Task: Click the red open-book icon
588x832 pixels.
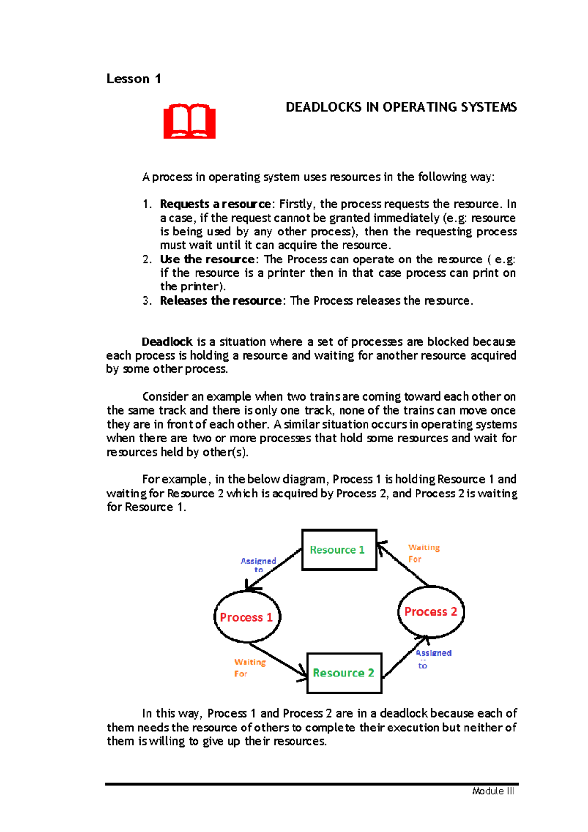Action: point(189,121)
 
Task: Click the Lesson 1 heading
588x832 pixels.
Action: point(134,79)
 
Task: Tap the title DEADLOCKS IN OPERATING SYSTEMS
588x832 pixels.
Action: point(401,107)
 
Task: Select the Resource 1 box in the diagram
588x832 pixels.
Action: point(339,550)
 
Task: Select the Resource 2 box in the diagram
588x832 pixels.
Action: point(344,673)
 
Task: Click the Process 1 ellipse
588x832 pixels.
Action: point(246,617)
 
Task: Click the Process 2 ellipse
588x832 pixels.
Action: point(430,612)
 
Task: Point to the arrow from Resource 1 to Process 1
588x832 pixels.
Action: point(273,570)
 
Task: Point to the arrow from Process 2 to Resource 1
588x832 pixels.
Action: point(403,564)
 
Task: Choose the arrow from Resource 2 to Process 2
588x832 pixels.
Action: point(405,657)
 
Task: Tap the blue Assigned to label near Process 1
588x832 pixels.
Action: point(258,565)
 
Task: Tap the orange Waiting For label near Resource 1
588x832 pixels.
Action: point(423,553)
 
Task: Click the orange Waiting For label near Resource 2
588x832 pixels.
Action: point(249,668)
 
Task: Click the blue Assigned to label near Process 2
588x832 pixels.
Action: point(433,658)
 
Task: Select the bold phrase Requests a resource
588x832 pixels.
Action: point(215,204)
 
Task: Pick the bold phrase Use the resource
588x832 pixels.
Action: point(207,260)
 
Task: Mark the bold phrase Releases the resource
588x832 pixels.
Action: point(220,301)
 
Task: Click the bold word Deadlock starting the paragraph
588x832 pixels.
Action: point(167,342)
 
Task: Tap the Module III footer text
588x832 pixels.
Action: point(493,791)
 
